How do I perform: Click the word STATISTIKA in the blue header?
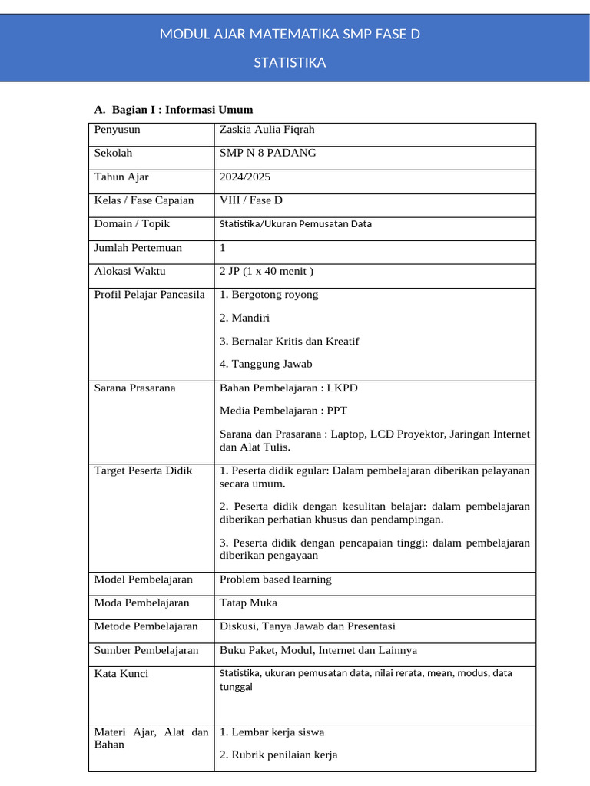[290, 63]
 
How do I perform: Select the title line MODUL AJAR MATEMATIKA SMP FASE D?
[290, 35]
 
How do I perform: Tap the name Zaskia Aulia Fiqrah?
[267, 130]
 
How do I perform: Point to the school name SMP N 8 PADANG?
[267, 154]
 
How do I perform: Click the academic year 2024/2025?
[244, 177]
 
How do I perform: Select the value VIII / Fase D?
[250, 201]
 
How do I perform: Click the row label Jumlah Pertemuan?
[138, 248]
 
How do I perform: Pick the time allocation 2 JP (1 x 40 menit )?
[266, 272]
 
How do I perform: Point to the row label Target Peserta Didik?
[143, 471]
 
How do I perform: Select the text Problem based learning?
[275, 580]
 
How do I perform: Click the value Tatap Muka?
[248, 603]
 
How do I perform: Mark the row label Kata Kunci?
[121, 674]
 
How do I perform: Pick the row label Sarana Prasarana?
[134, 388]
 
